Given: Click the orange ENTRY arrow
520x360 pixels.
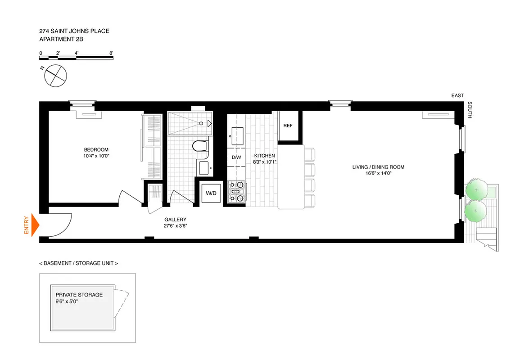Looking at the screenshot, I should pyautogui.click(x=36, y=225).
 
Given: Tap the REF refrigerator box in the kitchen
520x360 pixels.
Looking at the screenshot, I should pyautogui.click(x=288, y=126).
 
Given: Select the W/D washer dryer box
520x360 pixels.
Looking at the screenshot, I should pyautogui.click(x=211, y=193).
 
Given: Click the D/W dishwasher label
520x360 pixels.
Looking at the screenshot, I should pyautogui.click(x=236, y=157).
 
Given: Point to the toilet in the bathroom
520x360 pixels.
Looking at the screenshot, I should pyautogui.click(x=199, y=146).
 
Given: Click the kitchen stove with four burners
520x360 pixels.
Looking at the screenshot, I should pyautogui.click(x=237, y=192).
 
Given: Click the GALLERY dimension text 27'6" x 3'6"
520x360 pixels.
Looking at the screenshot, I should pyautogui.click(x=175, y=226).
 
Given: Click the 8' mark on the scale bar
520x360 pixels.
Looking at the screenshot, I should pyautogui.click(x=111, y=53).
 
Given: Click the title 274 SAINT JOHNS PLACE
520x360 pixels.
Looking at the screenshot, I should pyautogui.click(x=74, y=31).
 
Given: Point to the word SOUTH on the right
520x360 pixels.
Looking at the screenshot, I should pyautogui.click(x=470, y=110).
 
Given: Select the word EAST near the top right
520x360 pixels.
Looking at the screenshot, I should pyautogui.click(x=457, y=96).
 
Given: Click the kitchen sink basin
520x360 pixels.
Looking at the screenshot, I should pyautogui.click(x=236, y=134).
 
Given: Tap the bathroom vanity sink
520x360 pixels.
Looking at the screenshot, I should pyautogui.click(x=203, y=168).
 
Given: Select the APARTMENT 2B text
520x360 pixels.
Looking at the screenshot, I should pyautogui.click(x=61, y=39).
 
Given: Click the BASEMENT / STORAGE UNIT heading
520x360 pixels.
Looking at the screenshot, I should pyautogui.click(x=79, y=263).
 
